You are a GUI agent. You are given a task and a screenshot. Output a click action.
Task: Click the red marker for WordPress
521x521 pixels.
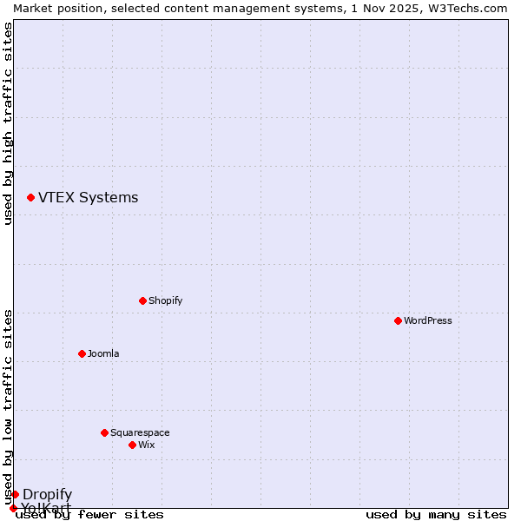point(398,320)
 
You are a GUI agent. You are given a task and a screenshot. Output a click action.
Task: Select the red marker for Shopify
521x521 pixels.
point(142,300)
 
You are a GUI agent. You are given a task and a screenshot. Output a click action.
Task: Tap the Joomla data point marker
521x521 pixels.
point(82,353)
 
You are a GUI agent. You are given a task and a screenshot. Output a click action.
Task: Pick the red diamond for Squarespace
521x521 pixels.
point(104,432)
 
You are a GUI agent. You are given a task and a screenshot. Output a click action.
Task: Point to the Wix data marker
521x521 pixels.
point(132,445)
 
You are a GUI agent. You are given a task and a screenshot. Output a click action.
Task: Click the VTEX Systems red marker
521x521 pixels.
point(30,198)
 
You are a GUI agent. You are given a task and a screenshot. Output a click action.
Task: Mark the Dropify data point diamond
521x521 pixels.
point(15,494)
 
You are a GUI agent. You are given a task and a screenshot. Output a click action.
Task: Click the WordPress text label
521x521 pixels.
point(428,320)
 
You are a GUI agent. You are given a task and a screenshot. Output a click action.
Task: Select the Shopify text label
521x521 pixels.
point(166,300)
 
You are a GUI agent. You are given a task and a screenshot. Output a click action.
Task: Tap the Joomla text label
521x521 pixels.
point(103,353)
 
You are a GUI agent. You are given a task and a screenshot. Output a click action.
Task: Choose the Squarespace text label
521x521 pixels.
point(140,432)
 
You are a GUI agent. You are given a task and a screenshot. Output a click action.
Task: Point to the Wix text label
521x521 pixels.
point(147,445)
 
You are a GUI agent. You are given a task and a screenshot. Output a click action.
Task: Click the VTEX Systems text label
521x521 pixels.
point(89,197)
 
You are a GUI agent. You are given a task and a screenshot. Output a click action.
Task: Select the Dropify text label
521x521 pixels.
point(48,494)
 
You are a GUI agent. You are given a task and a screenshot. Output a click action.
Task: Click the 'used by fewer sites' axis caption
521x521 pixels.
point(89,514)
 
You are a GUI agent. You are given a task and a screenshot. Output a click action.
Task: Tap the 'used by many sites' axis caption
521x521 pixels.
point(436,514)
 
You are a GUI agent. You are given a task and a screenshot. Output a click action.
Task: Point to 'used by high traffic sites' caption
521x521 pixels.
point(8,123)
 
